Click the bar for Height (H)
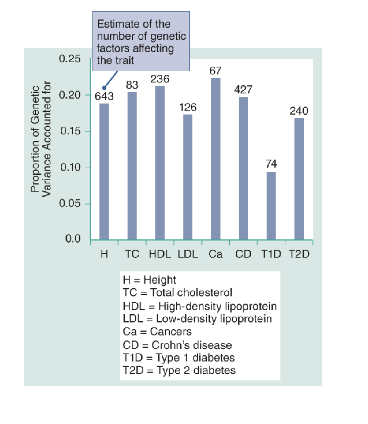point(104,171)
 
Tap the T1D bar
point(271,205)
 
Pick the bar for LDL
point(188,177)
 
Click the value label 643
point(104,97)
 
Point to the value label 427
point(243,90)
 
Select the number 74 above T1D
point(271,164)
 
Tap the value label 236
point(160,79)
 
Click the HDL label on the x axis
point(160,254)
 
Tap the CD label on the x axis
point(243,254)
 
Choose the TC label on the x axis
point(132,254)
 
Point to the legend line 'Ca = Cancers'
point(157,332)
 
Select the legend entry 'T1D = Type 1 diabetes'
point(179,357)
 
